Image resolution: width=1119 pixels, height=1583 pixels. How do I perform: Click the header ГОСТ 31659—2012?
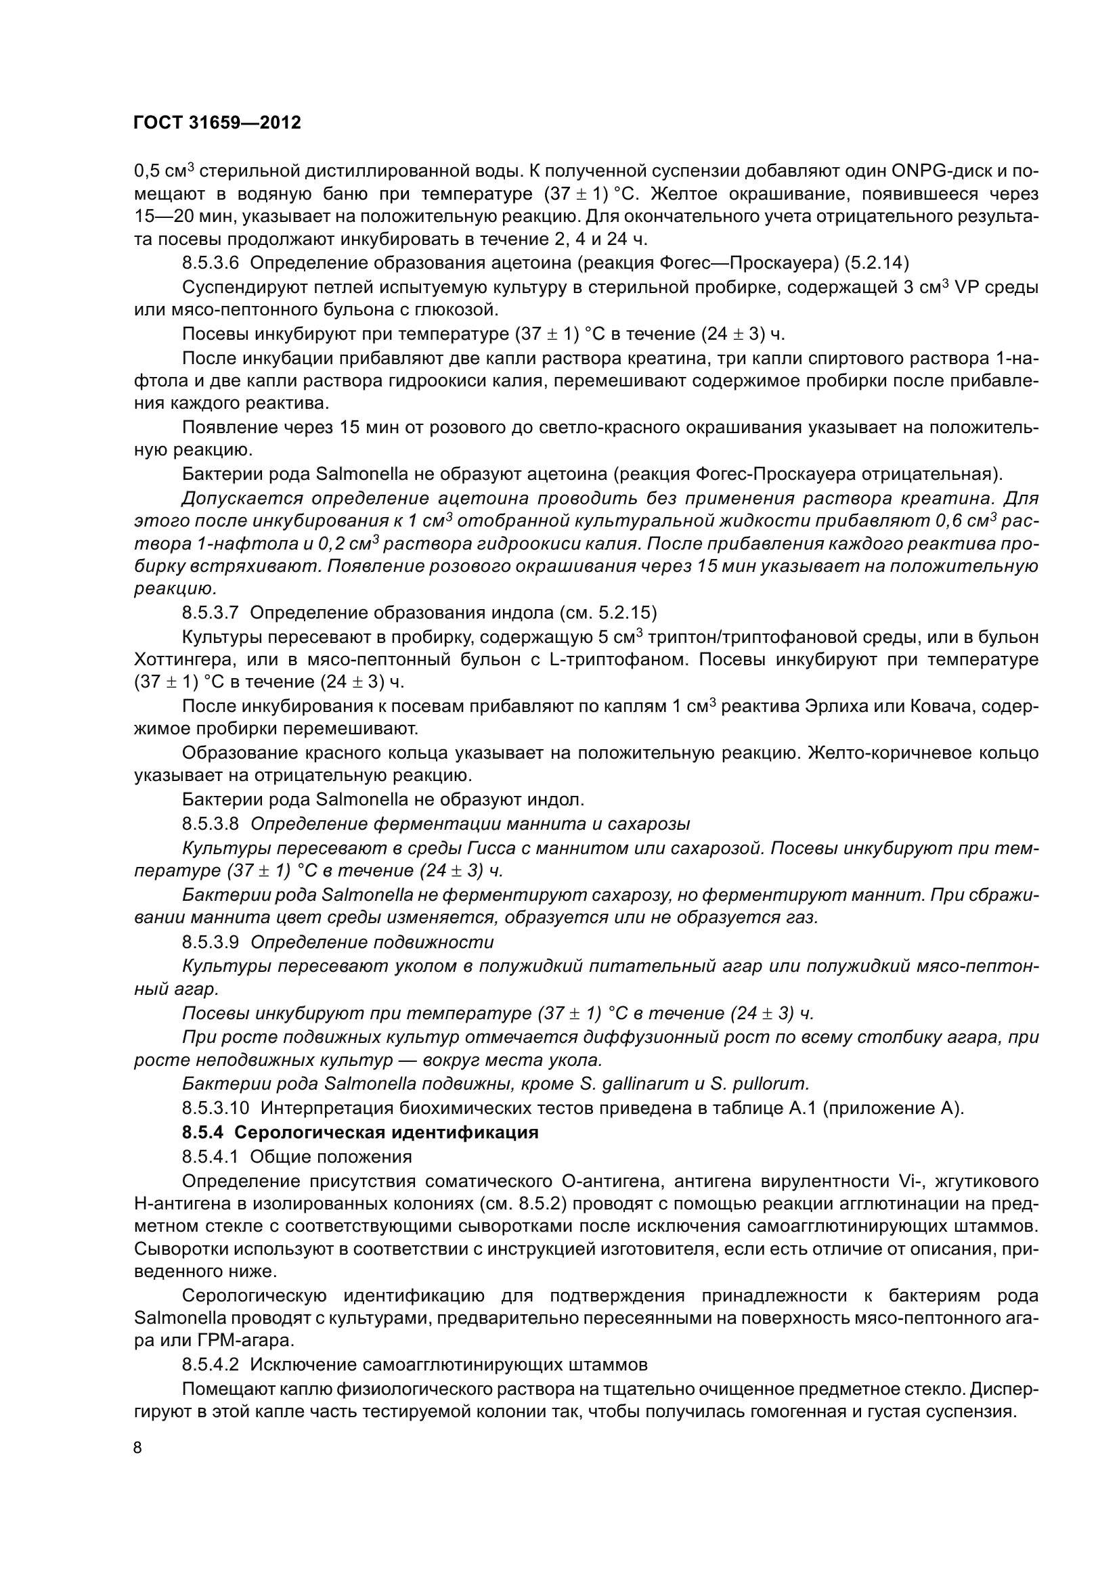pos(217,122)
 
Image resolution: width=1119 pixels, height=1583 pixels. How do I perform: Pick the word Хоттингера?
pos(183,659)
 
